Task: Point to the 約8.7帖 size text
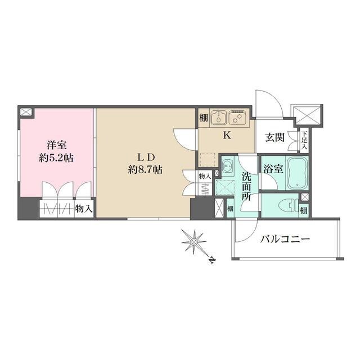click(145, 169)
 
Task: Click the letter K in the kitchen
click(227, 135)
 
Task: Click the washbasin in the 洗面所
click(228, 166)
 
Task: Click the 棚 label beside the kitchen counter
click(203, 119)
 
